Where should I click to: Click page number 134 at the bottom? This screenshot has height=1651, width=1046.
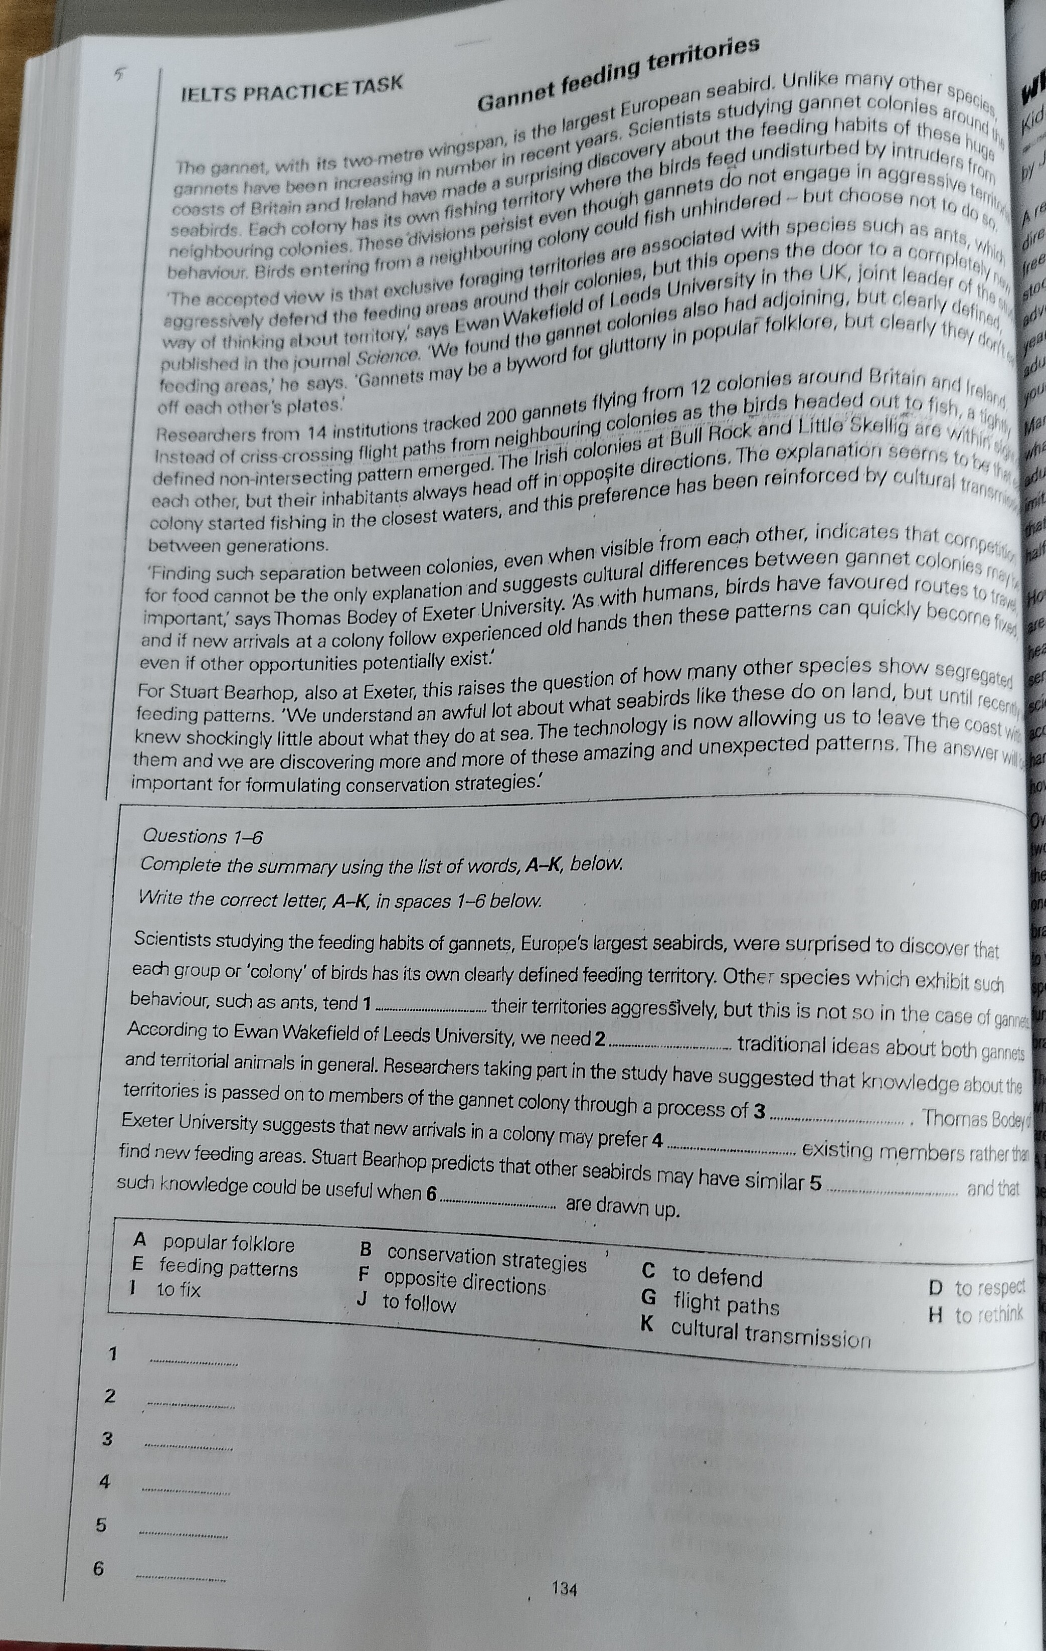[x=564, y=1588]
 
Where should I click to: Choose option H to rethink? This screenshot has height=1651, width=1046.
[x=975, y=1314]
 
